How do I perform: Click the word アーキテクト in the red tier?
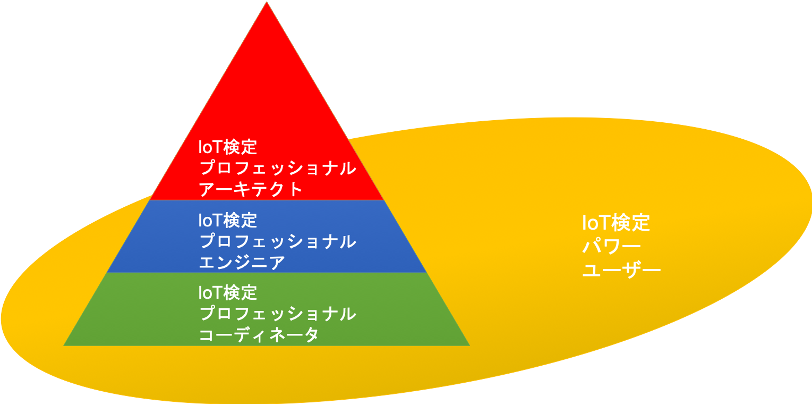[x=251, y=189]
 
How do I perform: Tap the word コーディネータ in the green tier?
[x=259, y=335]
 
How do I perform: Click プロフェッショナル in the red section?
[x=278, y=169]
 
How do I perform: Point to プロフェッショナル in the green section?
[x=278, y=314]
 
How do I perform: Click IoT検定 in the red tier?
[x=228, y=147]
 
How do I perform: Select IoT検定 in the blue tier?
[x=228, y=220]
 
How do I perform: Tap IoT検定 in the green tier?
[x=228, y=292]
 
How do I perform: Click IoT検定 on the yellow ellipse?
[x=616, y=223]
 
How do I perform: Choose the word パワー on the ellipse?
[x=612, y=247]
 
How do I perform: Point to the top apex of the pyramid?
[x=267, y=2]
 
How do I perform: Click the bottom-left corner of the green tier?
[x=64, y=346]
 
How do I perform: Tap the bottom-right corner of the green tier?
[x=470, y=346]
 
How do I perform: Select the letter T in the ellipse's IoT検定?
[x=601, y=223]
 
